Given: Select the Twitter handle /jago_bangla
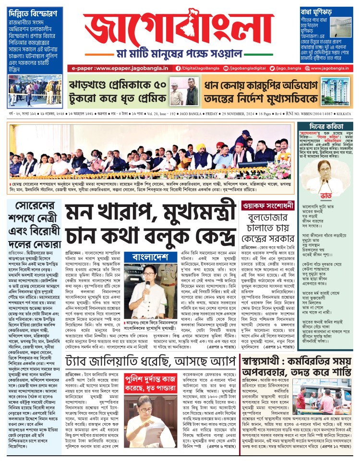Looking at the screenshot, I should [x=286, y=69].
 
